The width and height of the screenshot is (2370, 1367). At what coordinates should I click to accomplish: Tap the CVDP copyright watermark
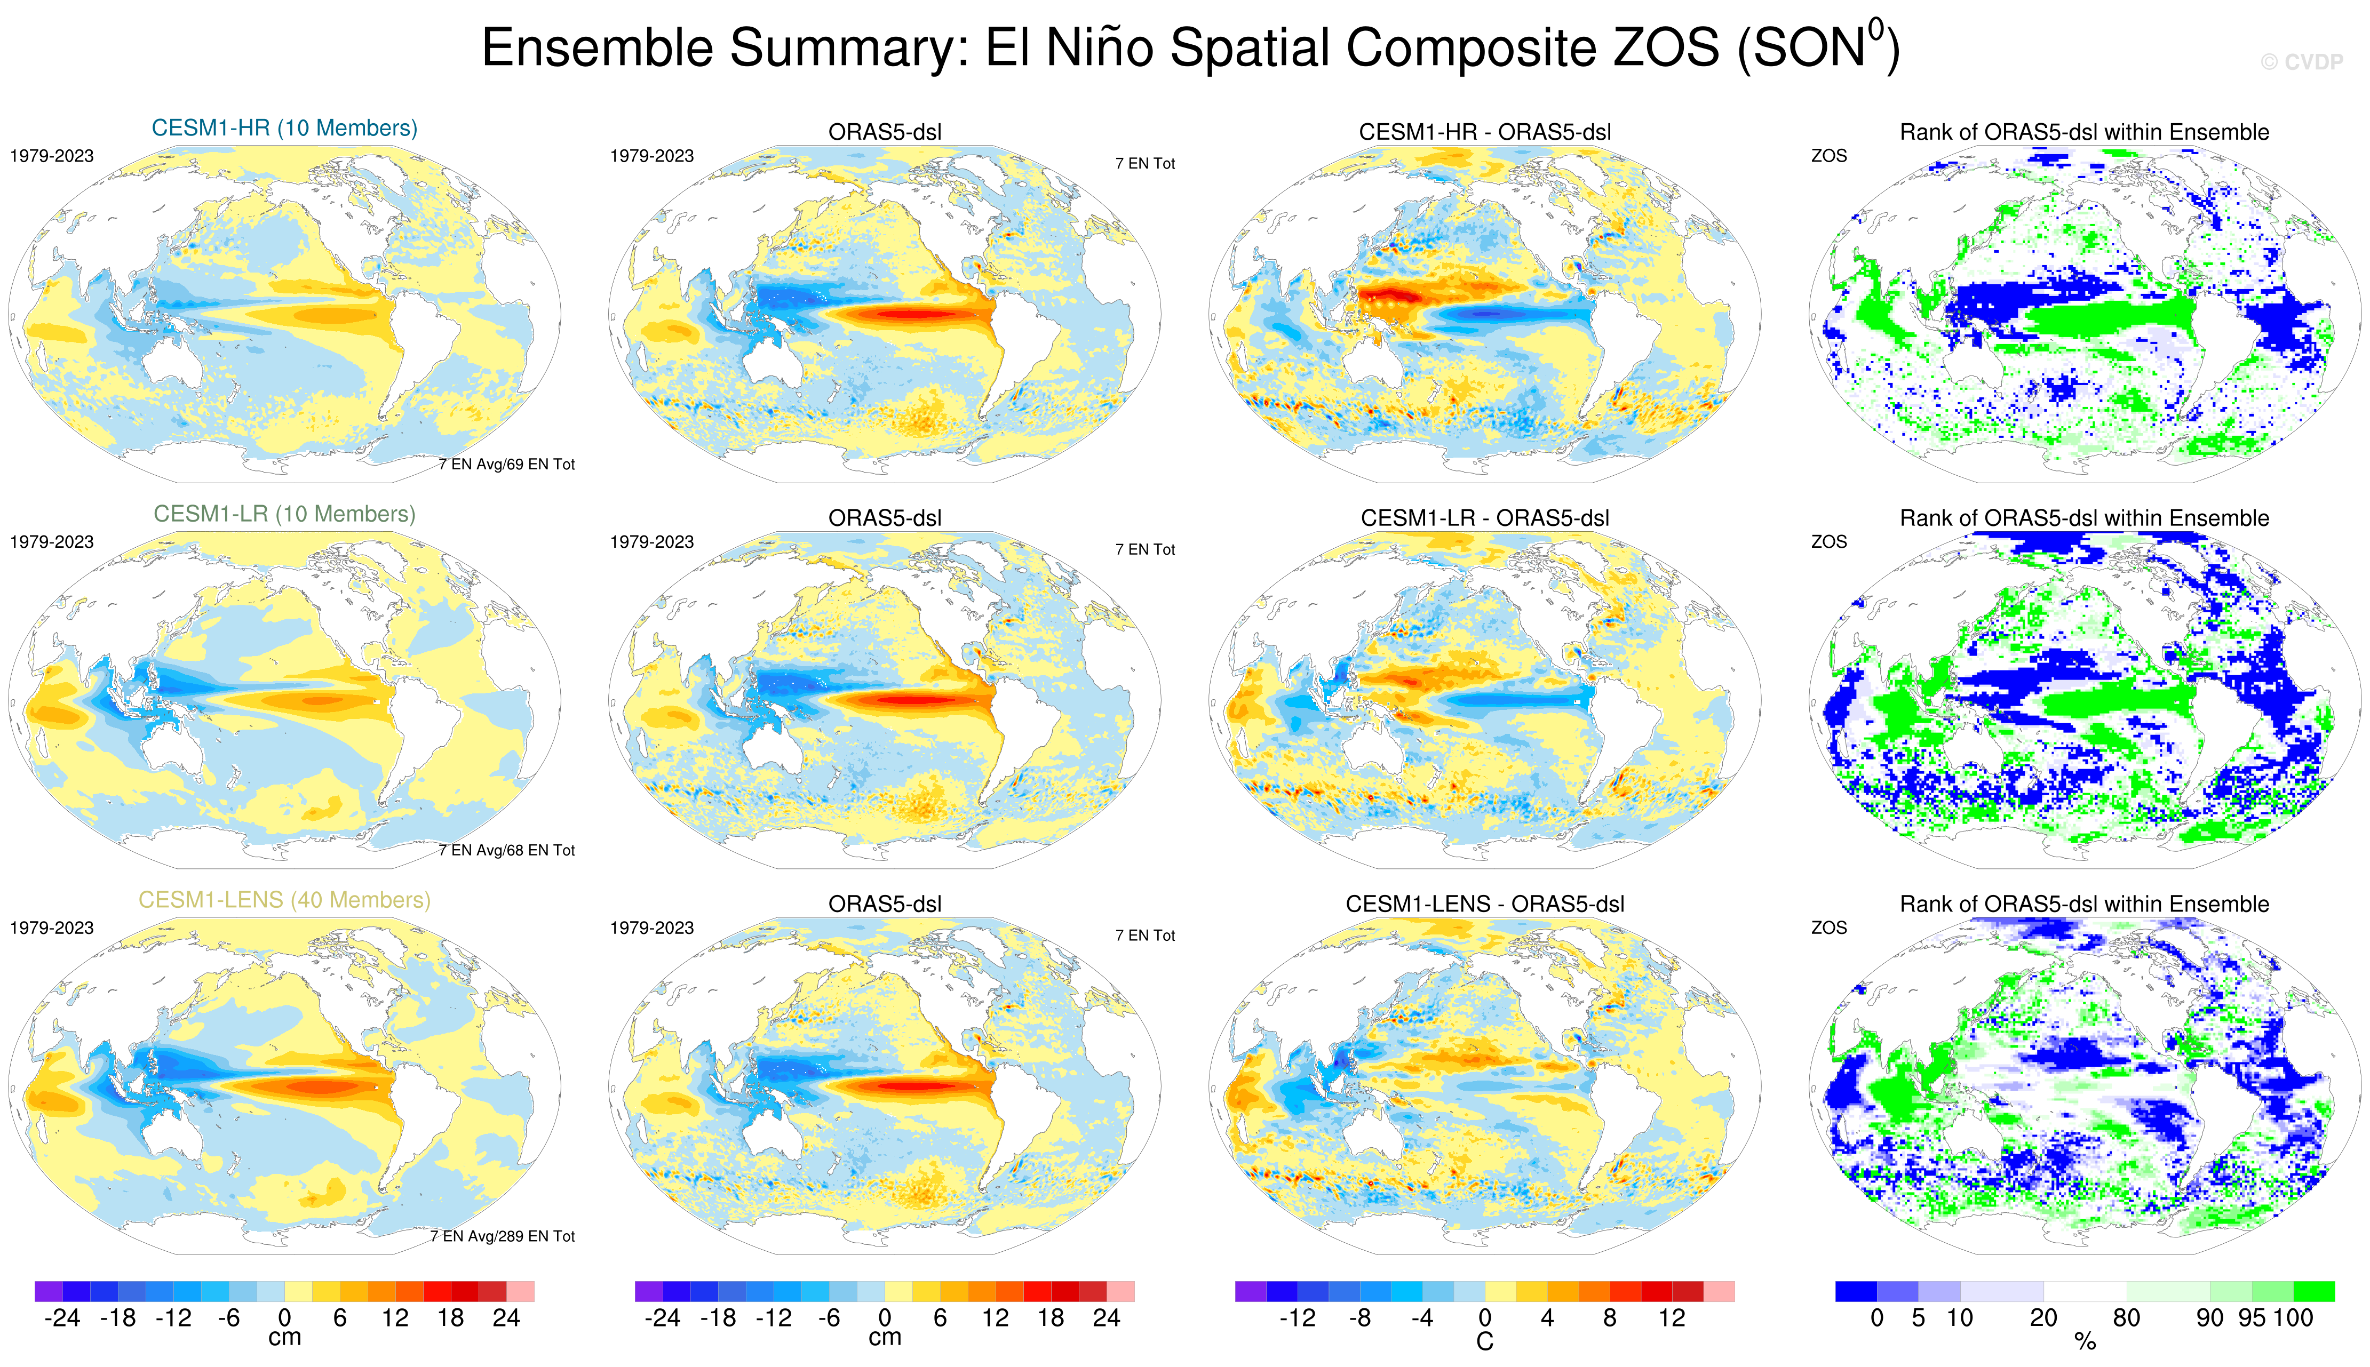tap(2302, 62)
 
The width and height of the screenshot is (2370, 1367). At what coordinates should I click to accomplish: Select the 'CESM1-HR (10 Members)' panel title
tap(284, 127)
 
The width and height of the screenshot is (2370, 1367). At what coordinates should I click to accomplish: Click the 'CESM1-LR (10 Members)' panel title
tap(284, 514)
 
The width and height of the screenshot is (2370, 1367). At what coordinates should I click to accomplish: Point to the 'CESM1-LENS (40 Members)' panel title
tap(284, 899)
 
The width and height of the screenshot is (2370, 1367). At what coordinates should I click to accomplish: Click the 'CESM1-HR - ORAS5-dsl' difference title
tap(1484, 132)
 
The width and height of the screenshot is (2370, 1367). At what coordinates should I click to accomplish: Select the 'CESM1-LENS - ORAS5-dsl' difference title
tap(1484, 904)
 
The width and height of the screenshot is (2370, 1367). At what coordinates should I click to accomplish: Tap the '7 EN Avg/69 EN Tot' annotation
tap(506, 465)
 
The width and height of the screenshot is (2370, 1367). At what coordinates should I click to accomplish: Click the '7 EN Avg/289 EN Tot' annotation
tap(503, 1236)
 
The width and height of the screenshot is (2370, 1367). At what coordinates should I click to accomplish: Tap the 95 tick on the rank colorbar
tap(2252, 1318)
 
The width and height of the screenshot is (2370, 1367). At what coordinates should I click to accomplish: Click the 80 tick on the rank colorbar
tap(2127, 1318)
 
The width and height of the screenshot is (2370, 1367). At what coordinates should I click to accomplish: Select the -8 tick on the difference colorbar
tap(1359, 1318)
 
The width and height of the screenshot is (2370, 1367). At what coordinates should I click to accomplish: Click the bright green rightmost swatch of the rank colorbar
tap(2313, 1291)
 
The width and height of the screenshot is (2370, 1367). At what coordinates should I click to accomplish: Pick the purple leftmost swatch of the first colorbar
tap(49, 1291)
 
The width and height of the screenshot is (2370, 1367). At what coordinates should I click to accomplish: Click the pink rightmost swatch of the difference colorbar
tap(1719, 1291)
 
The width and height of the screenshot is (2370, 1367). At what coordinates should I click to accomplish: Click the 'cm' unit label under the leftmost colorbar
tap(284, 1338)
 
